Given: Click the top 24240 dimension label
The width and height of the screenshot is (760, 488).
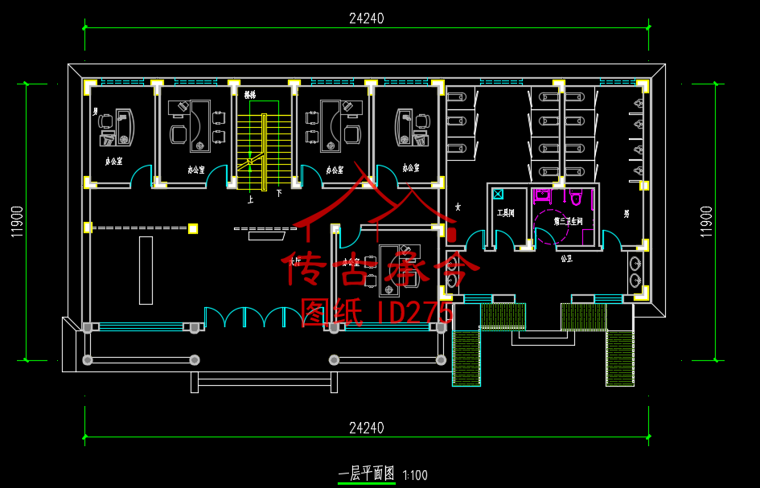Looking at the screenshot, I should (366, 18).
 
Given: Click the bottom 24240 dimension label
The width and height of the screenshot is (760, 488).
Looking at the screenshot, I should (366, 428).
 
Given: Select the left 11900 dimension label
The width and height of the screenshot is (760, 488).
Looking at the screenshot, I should (16, 221).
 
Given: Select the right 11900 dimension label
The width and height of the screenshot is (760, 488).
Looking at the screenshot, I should (706, 221).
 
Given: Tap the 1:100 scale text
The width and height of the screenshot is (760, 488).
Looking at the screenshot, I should (415, 475).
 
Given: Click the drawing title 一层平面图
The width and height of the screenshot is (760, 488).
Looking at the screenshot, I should (367, 474).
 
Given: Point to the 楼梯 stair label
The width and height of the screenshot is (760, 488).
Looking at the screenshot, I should (250, 95).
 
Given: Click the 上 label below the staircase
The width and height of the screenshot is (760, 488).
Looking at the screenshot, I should (251, 200).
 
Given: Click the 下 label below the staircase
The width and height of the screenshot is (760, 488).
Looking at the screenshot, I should (279, 194).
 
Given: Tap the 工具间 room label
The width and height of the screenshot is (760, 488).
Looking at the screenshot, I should (505, 213).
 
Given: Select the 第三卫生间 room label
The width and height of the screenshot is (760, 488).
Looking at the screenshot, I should (567, 220).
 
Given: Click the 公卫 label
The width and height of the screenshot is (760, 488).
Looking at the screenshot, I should (566, 259).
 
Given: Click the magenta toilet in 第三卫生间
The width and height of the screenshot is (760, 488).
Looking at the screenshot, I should (577, 197).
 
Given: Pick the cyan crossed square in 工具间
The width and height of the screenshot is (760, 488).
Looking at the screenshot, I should (498, 194).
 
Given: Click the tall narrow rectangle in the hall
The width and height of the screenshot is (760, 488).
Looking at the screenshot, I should (146, 270).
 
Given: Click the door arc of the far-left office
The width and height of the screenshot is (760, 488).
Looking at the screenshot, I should (142, 176).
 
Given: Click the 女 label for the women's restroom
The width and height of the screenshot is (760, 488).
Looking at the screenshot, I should (458, 207).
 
